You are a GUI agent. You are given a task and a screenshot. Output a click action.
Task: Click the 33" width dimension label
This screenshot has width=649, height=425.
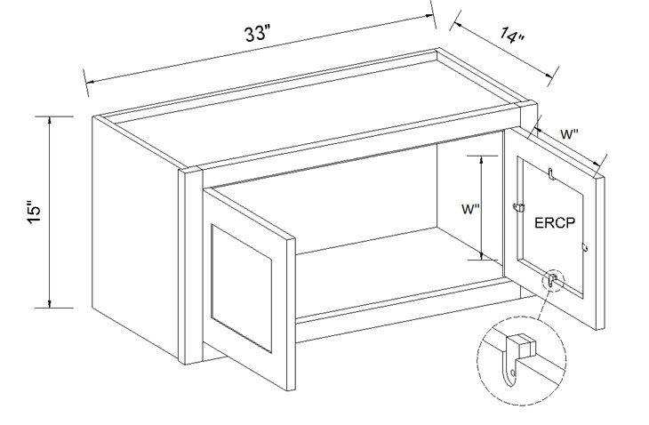(x=257, y=33)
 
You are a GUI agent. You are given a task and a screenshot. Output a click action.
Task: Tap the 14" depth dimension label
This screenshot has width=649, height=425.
(x=511, y=36)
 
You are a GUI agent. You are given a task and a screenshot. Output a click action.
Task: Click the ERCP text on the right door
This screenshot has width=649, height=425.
(x=555, y=222)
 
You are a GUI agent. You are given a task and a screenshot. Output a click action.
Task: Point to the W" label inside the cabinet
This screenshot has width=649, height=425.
(x=470, y=209)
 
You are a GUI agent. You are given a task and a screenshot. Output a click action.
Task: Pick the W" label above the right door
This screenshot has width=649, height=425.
(x=569, y=134)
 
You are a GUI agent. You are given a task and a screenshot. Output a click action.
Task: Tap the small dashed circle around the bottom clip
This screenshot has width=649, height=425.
(x=553, y=281)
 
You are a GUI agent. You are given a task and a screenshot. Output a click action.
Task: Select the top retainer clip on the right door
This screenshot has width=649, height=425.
(x=550, y=173)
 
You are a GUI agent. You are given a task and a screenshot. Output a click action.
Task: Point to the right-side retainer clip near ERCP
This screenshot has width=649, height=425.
(x=585, y=246)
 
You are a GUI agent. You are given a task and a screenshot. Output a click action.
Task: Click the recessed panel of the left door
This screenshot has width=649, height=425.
(x=241, y=288)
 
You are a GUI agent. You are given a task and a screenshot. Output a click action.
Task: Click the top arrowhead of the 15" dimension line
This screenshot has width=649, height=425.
(x=50, y=120)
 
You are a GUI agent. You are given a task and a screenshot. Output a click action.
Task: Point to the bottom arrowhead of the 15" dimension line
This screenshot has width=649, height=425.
(x=50, y=304)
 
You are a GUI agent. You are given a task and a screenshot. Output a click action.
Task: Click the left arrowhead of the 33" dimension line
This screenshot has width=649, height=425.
(x=89, y=81)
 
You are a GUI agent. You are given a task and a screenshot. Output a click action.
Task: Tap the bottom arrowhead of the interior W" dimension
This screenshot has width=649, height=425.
(x=481, y=256)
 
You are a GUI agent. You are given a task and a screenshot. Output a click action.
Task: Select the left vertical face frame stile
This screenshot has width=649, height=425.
(x=190, y=265)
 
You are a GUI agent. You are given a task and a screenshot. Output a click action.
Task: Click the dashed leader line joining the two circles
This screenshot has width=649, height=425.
(x=543, y=305)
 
